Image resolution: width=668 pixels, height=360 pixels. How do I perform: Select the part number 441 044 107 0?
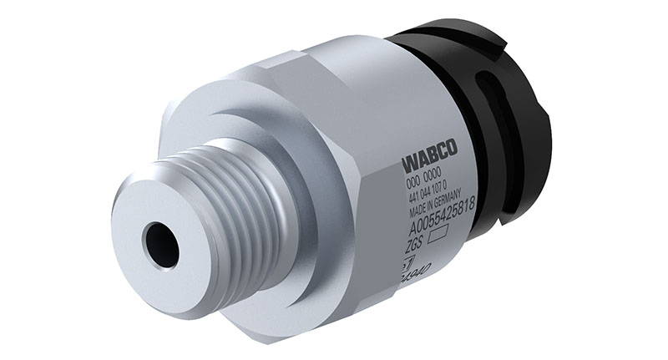point(432,195)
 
